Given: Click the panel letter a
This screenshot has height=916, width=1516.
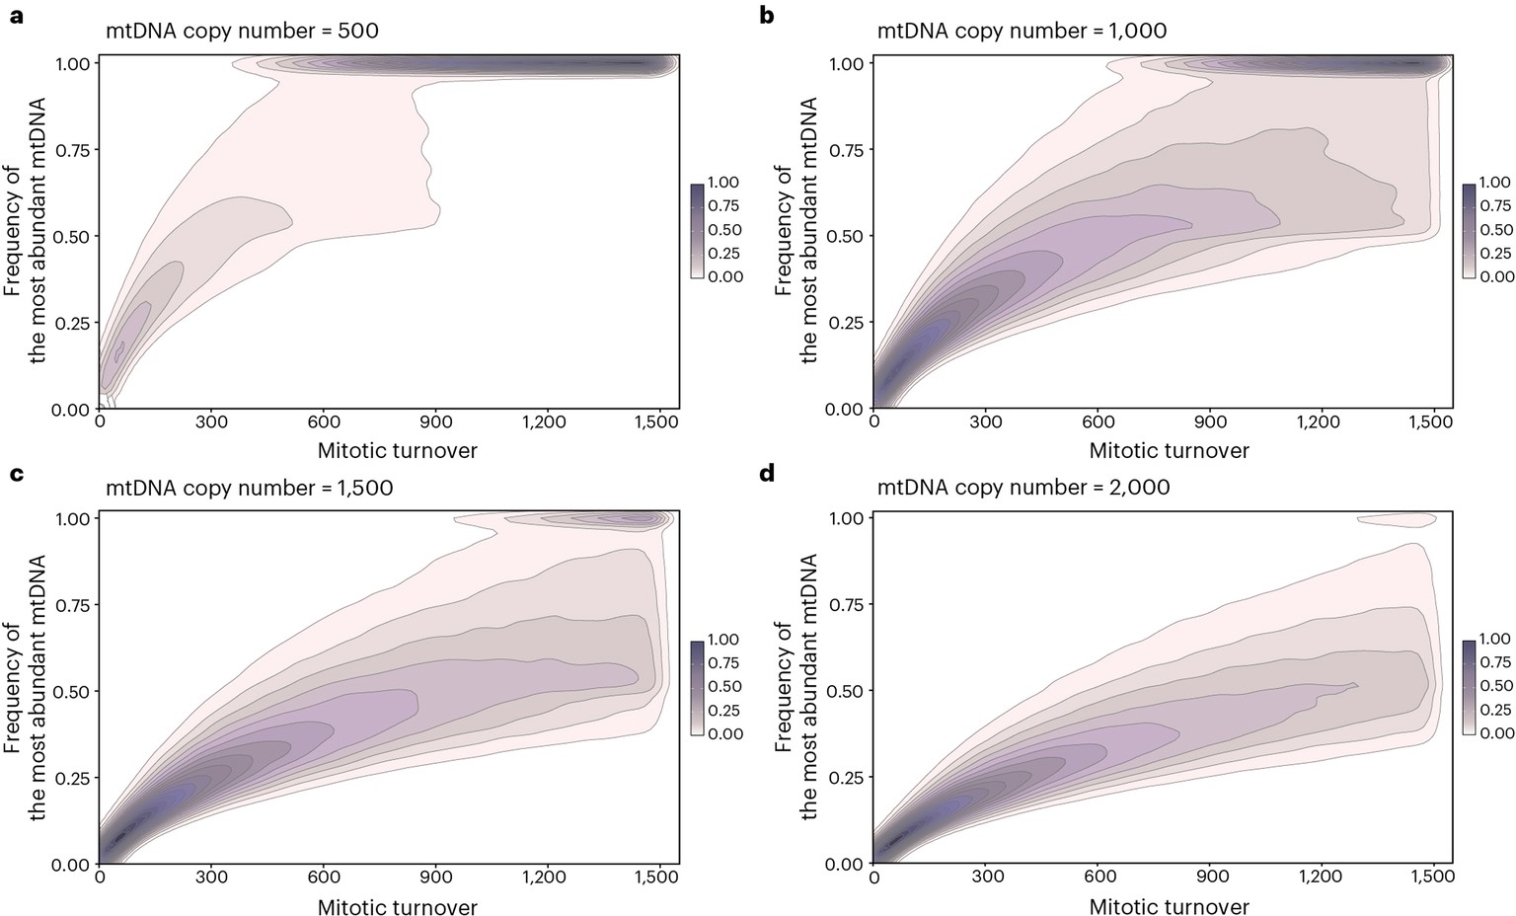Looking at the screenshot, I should (15, 17).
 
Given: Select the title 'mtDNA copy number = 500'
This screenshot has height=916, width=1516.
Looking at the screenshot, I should (242, 31).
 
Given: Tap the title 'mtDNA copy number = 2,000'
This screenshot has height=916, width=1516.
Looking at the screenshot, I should (1023, 487).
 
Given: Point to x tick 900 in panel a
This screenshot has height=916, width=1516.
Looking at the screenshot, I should (435, 422).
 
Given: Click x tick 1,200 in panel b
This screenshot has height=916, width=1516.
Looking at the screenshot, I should (1318, 422).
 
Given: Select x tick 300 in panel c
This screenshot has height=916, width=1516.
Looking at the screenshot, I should (211, 878).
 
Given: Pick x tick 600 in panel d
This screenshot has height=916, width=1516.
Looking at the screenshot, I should (1099, 878).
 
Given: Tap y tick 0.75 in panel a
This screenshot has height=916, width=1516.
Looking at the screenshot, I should (69, 150).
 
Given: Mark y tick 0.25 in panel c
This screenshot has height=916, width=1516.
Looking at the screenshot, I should (69, 778).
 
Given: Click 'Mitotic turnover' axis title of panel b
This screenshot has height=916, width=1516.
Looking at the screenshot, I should (1169, 451).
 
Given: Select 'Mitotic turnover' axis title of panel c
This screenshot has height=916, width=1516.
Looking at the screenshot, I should (397, 907).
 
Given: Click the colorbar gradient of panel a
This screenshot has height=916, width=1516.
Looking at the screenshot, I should (697, 231).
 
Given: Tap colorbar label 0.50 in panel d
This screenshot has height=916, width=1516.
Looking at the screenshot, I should (1496, 686).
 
